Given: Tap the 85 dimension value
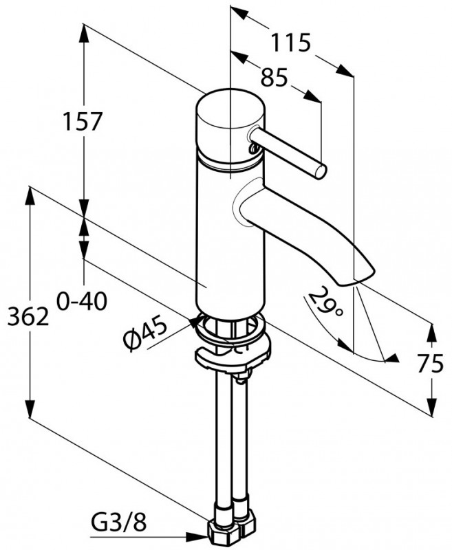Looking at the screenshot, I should (273, 78).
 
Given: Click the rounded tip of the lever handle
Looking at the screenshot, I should (319, 170).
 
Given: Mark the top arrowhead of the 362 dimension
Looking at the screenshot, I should (29, 195).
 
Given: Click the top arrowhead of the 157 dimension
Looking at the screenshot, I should (83, 31).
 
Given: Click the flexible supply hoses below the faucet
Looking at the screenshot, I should (231, 440).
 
